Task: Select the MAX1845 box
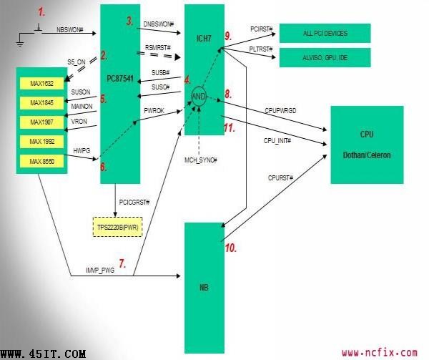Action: pyautogui.click(x=41, y=104)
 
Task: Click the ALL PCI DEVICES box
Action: pyautogui.click(x=325, y=33)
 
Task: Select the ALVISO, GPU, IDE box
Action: pyautogui.click(x=325, y=58)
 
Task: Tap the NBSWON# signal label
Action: pyautogui.click(x=69, y=30)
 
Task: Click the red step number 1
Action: pyautogui.click(x=41, y=11)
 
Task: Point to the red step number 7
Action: pyautogui.click(x=122, y=264)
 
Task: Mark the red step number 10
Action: pyautogui.click(x=231, y=248)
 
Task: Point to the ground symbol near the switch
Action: pyautogui.click(x=20, y=44)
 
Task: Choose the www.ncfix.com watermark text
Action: pyautogui.click(x=379, y=352)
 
